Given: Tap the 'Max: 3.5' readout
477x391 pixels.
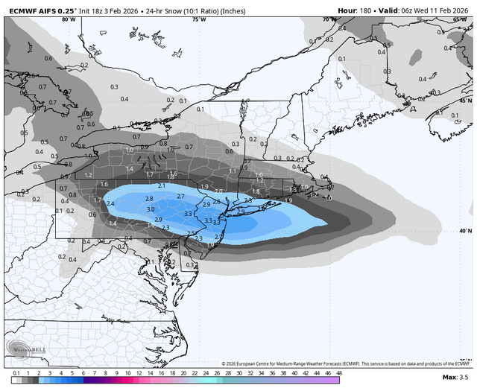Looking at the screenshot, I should coord(455,378).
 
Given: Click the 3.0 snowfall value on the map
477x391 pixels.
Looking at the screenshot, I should coord(151,209).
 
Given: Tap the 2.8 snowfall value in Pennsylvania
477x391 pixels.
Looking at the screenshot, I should coord(149,199).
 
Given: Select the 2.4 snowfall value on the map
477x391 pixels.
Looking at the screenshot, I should coord(110,203).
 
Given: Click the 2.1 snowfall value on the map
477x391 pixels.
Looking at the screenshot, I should coord(162,185).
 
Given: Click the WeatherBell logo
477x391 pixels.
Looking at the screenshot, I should coord(27,349).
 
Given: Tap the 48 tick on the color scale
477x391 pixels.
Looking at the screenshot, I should coord(339,372).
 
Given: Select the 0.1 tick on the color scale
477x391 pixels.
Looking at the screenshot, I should coord(16,372).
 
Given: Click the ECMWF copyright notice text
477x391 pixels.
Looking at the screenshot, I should coord(347,363).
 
